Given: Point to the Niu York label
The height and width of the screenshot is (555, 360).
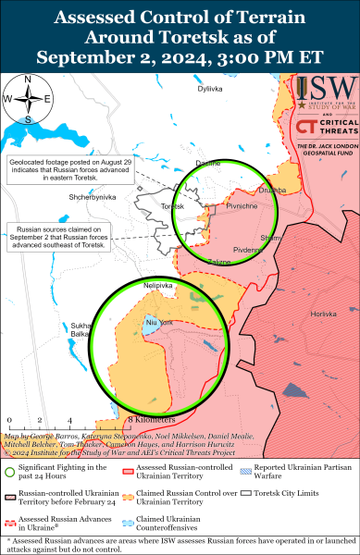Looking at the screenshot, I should click(x=160, y=321).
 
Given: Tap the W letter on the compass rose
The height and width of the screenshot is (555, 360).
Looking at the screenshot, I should click(x=7, y=98).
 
